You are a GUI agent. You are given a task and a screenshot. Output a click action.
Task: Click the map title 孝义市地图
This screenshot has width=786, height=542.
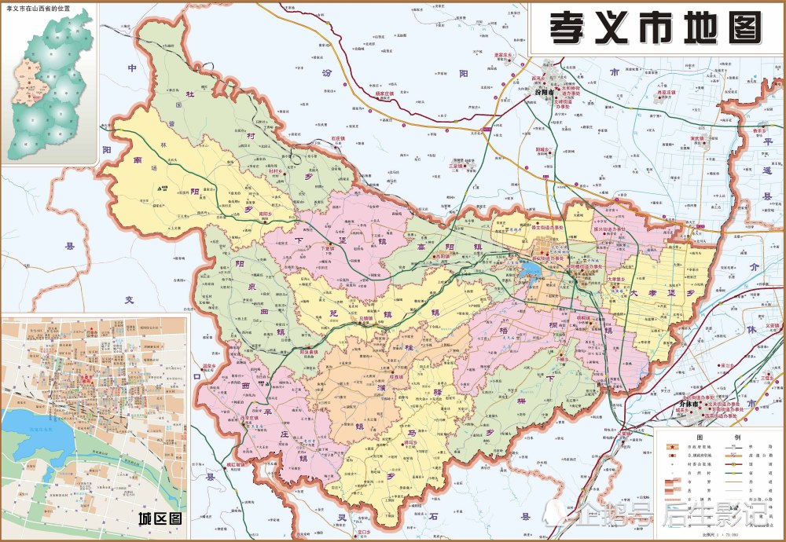655,28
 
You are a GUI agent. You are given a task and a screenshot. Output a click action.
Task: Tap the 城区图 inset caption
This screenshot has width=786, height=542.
159,519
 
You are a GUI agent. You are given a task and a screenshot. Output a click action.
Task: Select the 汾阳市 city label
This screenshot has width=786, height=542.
544,93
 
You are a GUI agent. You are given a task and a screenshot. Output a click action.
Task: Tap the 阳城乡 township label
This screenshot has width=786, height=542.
542,148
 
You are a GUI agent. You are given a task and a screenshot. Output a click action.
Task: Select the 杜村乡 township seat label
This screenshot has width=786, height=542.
274,170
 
